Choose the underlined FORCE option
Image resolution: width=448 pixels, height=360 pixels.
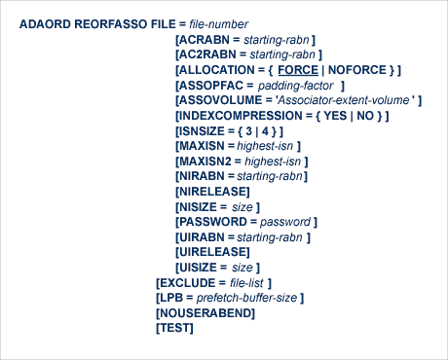(297, 71)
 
